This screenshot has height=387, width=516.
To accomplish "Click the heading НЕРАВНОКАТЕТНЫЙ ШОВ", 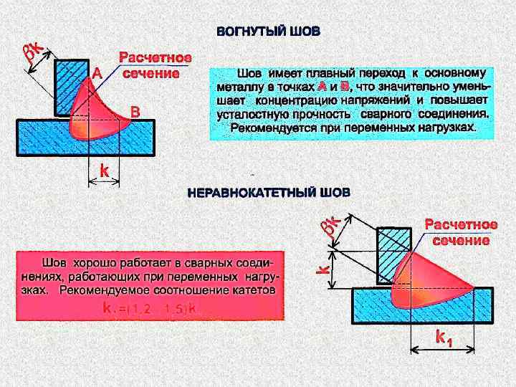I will (x=269, y=193).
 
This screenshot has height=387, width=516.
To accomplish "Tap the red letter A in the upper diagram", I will (x=96, y=73).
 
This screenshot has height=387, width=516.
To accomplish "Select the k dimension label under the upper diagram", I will (x=103, y=171).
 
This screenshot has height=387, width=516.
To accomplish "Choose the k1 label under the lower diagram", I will (x=444, y=337).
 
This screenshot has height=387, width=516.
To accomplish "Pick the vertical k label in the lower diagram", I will (x=324, y=269).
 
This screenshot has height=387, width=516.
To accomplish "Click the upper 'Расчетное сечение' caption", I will (x=154, y=64).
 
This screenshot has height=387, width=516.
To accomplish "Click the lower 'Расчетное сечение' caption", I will (x=460, y=232).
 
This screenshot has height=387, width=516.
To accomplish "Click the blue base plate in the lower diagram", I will (x=373, y=307).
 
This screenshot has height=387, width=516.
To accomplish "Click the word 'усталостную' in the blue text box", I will (x=247, y=114).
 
